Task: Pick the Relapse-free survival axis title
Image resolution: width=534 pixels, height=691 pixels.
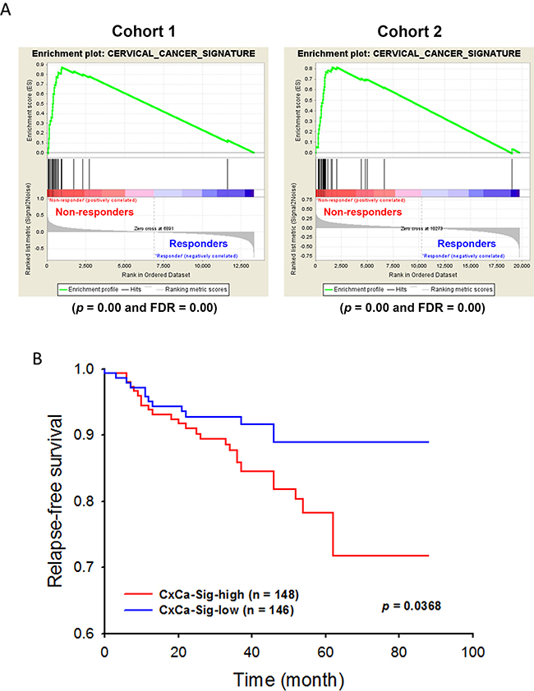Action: (55, 500)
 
